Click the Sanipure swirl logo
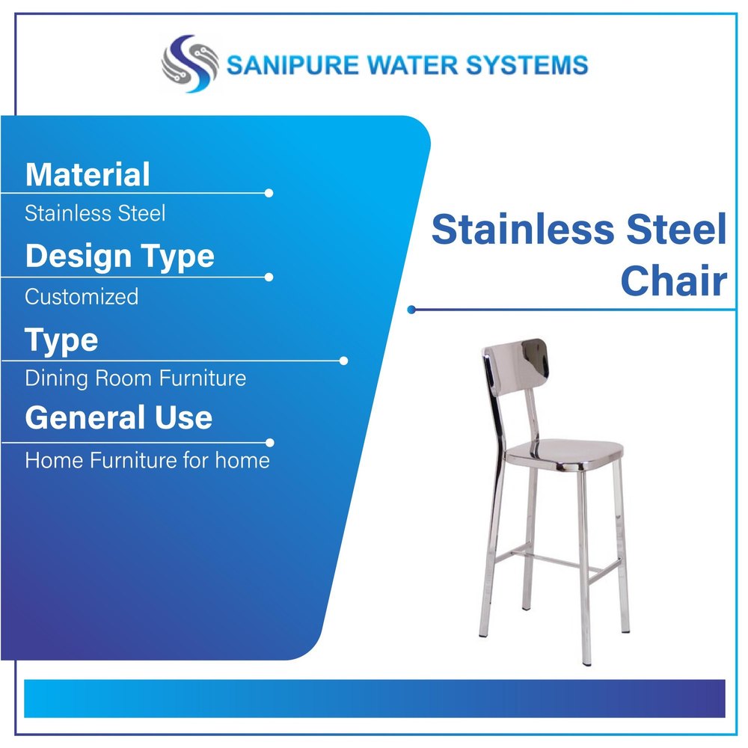(190, 64)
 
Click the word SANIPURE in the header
(292, 65)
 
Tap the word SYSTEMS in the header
(527, 65)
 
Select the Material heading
(88, 174)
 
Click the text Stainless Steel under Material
(95, 212)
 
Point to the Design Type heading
(120, 257)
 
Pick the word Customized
(82, 297)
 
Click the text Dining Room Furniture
(135, 378)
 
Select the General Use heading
(119, 417)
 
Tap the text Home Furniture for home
(147, 460)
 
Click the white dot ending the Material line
(269, 193)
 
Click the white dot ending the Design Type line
(269, 278)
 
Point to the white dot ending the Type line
(343, 361)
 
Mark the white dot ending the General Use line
(269, 443)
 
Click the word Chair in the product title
(674, 280)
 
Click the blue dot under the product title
(411, 310)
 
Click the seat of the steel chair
(564, 455)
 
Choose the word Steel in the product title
(676, 229)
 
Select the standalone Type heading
(61, 341)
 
